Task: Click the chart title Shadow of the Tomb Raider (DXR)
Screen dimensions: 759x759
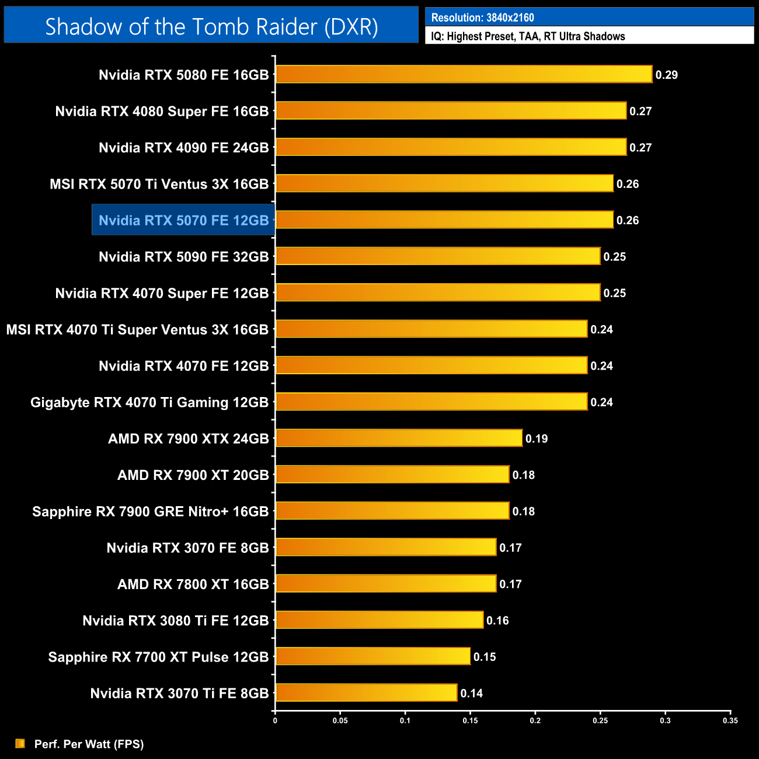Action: pos(211,27)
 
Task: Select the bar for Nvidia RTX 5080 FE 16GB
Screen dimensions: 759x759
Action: pos(464,74)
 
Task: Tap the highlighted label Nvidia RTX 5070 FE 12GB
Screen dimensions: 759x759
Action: pos(183,220)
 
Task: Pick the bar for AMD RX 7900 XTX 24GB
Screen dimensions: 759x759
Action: pos(399,438)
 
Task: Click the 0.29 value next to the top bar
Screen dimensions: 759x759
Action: pos(666,75)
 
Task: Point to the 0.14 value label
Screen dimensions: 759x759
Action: pos(471,693)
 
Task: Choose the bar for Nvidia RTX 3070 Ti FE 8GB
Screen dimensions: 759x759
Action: pos(366,692)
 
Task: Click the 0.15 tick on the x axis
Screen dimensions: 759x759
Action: pos(470,720)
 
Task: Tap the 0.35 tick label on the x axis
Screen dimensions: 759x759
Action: pos(730,720)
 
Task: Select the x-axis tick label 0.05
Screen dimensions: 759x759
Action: pos(340,720)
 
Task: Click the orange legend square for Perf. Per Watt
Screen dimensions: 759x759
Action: pos(20,743)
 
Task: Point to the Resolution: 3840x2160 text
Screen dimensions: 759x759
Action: pos(482,18)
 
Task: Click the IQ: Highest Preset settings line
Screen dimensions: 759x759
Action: pos(528,36)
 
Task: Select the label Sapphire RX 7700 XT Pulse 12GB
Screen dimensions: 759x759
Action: pos(158,657)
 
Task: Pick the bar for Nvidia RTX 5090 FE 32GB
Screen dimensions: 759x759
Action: pos(438,256)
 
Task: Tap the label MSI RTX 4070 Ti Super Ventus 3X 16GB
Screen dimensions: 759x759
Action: pos(137,329)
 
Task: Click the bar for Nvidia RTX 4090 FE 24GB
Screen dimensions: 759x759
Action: pos(451,147)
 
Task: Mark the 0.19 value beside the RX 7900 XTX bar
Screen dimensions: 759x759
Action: pos(536,438)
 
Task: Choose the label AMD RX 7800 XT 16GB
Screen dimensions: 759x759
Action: pos(193,584)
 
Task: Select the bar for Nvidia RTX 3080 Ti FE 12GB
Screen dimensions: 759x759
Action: pos(379,620)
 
